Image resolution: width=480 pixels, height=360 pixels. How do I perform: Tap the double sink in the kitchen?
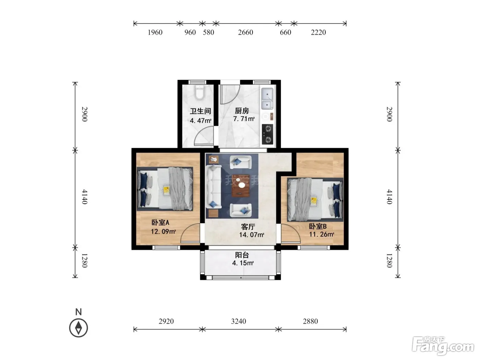point(267,99)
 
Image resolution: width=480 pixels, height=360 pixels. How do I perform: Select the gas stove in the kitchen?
point(267,134)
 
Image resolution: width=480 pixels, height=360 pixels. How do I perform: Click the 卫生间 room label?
point(200,111)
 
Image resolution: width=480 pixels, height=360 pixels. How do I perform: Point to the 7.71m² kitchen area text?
point(244,119)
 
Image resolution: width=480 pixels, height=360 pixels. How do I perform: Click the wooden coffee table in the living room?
point(241,185)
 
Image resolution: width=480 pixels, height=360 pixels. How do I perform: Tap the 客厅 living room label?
point(248,227)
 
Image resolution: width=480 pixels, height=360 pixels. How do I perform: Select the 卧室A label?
point(160,223)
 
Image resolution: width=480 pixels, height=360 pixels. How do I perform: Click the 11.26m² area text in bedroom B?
point(322,234)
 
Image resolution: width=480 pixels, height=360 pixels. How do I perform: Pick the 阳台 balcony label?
point(242,255)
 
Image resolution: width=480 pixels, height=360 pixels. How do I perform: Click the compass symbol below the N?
point(79,328)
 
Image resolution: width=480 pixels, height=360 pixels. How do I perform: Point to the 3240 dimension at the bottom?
point(238,321)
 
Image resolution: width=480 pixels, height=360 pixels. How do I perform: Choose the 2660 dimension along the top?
point(245,32)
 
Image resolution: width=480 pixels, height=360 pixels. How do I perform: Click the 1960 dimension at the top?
point(155,32)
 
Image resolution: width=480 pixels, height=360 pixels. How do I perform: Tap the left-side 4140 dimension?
point(85,197)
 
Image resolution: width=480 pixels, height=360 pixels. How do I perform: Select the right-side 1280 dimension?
point(389,261)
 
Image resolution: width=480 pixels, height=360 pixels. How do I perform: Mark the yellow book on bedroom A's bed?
point(166,190)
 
